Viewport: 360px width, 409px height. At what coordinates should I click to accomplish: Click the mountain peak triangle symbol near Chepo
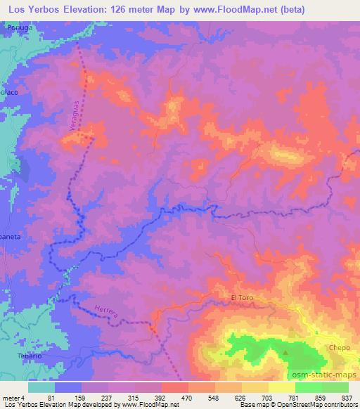click(x=285, y=352)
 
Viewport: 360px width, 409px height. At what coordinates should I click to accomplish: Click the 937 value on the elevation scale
click(x=347, y=398)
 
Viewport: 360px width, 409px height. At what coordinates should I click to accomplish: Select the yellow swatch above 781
click(x=282, y=387)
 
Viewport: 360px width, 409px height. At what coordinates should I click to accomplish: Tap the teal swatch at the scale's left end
click(x=41, y=387)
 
